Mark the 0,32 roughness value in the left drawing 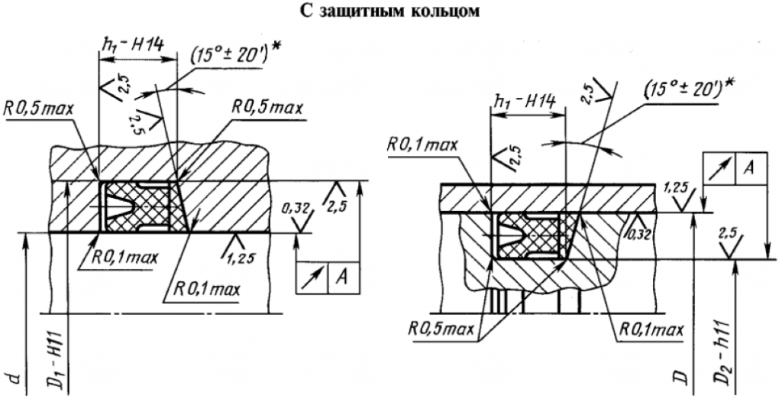(290, 207)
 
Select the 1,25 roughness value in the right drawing (674, 186)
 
